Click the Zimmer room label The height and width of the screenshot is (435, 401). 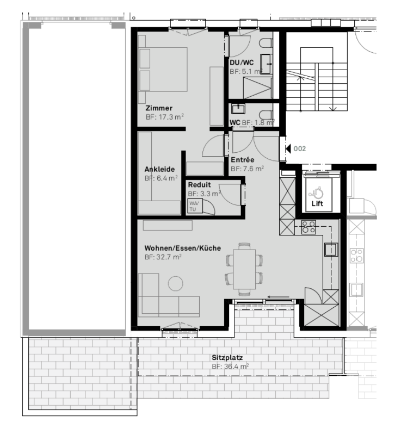tap(159, 108)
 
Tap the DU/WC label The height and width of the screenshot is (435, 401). tap(242, 63)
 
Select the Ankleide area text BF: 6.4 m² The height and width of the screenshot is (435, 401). tap(161, 178)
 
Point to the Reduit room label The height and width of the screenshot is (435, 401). tap(199, 185)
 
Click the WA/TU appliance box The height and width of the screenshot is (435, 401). tap(195, 206)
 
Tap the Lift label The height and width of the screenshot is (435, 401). tap(317, 203)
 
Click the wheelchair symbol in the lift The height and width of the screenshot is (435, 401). tap(318, 192)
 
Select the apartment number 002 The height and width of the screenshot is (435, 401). tap(300, 148)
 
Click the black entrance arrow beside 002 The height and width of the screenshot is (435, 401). tap(288, 148)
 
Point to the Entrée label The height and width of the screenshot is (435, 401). tap(242, 160)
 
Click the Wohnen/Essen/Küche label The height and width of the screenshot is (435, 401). tap(183, 248)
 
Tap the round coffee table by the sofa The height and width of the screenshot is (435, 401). tap(175, 283)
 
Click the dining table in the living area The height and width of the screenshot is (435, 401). tap(244, 269)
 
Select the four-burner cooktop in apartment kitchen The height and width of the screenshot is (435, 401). tap(309, 227)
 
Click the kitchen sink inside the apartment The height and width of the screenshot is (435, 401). tap(331, 250)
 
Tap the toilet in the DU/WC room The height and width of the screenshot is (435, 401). tap(266, 43)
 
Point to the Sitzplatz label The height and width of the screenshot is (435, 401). tap(227, 358)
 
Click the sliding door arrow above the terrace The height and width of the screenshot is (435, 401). tap(279, 297)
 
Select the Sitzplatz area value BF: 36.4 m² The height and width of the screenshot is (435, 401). tap(230, 366)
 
